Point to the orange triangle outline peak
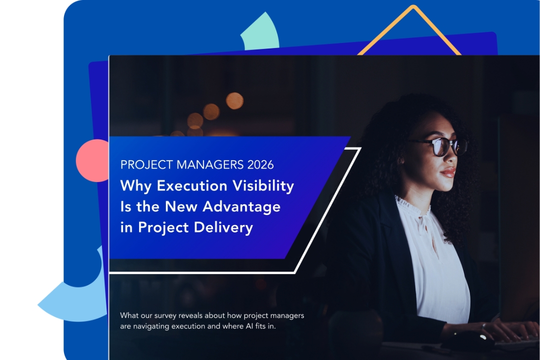(x=413, y=9)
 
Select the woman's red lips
(x=448, y=172)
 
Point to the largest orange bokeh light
(x=234, y=100)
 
